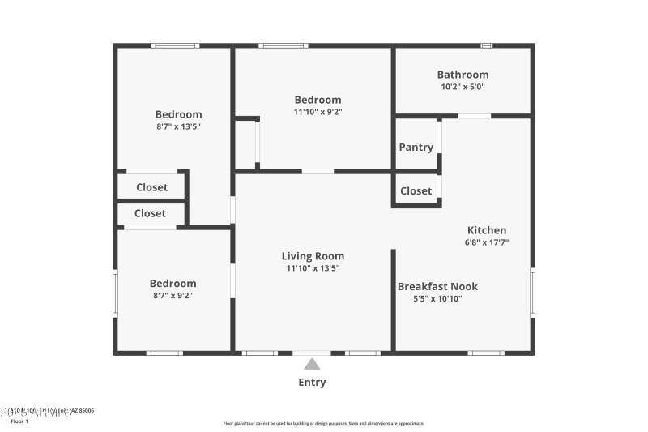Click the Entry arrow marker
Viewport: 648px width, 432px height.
coord(312,364)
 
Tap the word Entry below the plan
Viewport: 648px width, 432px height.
coord(312,383)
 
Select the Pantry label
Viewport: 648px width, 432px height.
coord(416,148)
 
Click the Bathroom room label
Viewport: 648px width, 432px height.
coord(463,75)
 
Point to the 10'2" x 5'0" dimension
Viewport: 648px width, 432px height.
coord(463,87)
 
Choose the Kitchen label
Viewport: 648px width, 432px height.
coord(487,230)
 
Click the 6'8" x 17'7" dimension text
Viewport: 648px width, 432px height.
coord(487,242)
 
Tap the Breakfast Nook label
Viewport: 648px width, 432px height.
coord(437,286)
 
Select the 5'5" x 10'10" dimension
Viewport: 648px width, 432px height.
coord(437,298)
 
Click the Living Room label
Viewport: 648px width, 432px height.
coord(313,256)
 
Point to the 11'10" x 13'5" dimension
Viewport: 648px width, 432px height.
coord(313,268)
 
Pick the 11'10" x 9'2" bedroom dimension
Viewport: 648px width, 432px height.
coord(318,113)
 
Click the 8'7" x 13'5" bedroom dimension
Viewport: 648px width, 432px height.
coord(178,126)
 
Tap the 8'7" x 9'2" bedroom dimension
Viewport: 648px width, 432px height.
coord(173,296)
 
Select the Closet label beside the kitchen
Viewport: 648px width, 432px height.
coord(416,191)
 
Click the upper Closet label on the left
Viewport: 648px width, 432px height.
coord(151,187)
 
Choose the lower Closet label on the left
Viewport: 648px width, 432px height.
coord(150,213)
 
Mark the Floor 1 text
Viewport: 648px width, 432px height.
coord(19,421)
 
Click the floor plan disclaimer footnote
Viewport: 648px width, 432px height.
coord(323,423)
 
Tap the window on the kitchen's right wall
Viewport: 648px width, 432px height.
coord(532,292)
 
